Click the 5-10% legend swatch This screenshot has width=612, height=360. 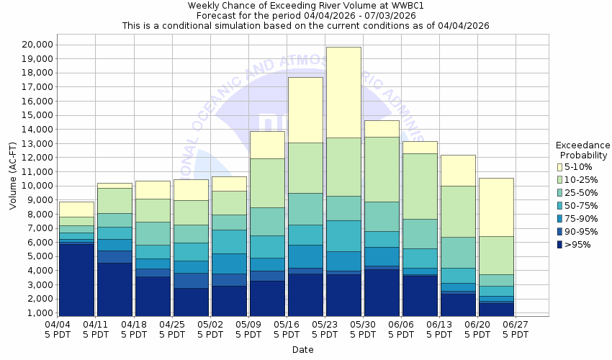pyautogui.click(x=560, y=166)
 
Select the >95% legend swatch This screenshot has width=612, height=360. pyautogui.click(x=560, y=244)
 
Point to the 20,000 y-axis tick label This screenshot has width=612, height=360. pyautogui.click(x=33, y=44)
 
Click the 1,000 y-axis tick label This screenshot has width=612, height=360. pyautogui.click(x=37, y=313)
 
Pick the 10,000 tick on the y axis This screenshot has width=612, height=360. pyautogui.click(x=33, y=186)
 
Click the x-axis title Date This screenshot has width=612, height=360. pyautogui.click(x=302, y=349)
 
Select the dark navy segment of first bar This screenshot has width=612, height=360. pyautogui.click(x=76, y=279)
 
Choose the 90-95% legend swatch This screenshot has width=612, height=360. pyautogui.click(x=560, y=231)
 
